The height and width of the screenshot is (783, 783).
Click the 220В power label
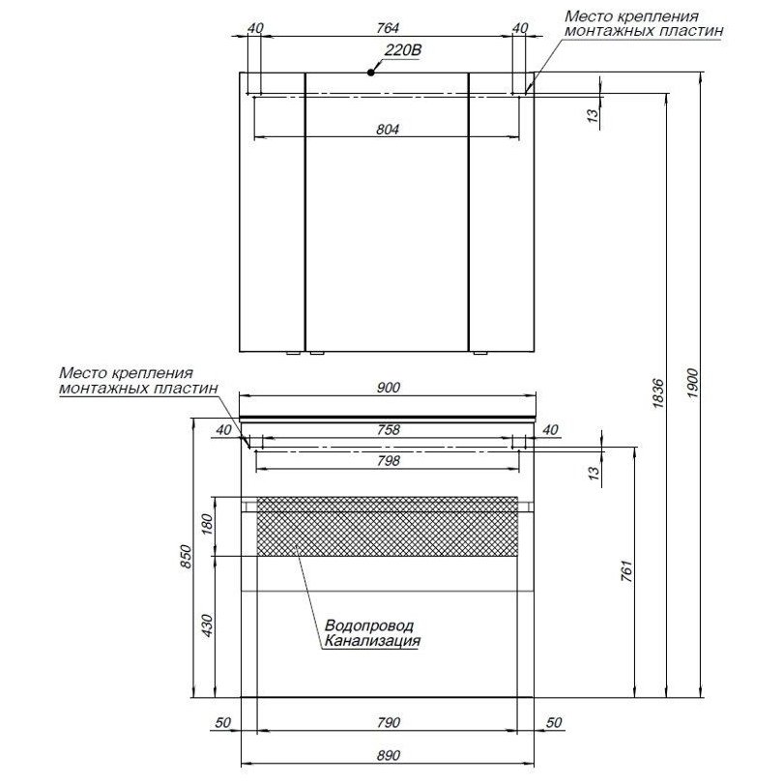click(x=403, y=50)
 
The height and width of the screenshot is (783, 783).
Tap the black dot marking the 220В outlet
click(x=370, y=72)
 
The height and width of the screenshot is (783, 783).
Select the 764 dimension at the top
click(x=388, y=28)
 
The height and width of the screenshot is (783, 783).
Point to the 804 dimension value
click(x=388, y=130)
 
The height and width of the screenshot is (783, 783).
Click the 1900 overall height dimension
click(x=692, y=384)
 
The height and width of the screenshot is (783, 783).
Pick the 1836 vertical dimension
click(x=658, y=393)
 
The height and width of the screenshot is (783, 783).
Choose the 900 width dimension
click(x=389, y=388)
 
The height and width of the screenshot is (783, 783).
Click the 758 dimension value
click(x=389, y=429)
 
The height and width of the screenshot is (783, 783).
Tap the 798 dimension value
click(x=389, y=460)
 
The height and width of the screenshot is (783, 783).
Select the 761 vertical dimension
click(x=626, y=571)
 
